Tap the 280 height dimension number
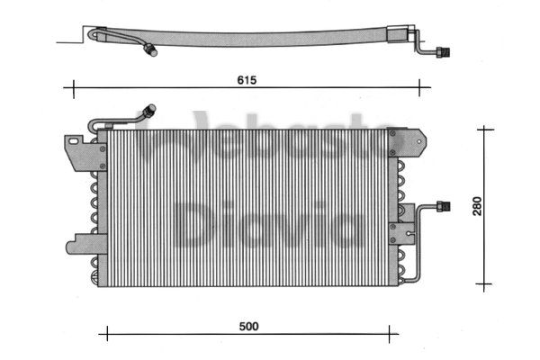[x=478, y=207]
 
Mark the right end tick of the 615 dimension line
[x=419, y=87]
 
